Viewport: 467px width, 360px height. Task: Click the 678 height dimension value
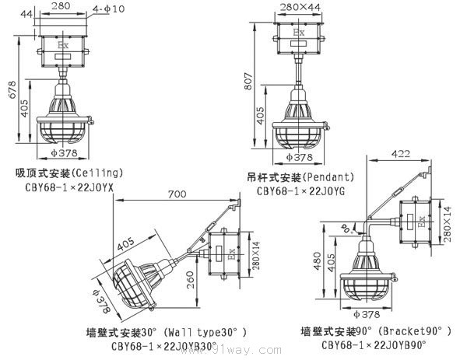click(x=9, y=89)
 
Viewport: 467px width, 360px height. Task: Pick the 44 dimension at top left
click(x=28, y=14)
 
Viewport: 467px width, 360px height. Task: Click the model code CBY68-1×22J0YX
click(x=69, y=187)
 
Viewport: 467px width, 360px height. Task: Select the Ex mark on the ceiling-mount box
click(x=63, y=46)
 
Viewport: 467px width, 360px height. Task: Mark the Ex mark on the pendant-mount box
click(x=298, y=33)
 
